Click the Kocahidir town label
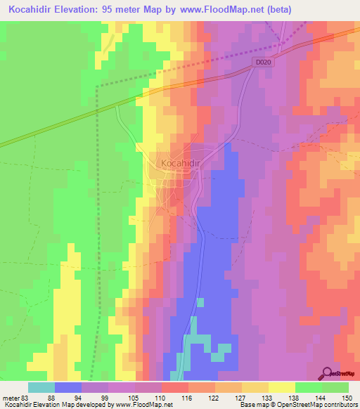point(181,163)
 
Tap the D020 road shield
point(263,63)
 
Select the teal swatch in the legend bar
point(41,387)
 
